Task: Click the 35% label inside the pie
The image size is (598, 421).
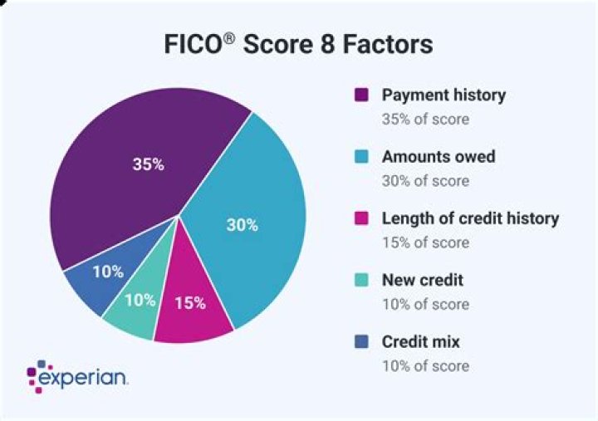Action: tap(148, 164)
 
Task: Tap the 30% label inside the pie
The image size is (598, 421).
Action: tap(242, 224)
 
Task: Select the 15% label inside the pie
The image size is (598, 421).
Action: tap(189, 303)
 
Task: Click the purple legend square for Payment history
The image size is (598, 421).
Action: tap(361, 95)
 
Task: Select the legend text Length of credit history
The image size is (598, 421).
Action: tap(470, 219)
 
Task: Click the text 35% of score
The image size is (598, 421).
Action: tap(425, 119)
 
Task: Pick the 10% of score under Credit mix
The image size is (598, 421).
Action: tap(425, 366)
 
